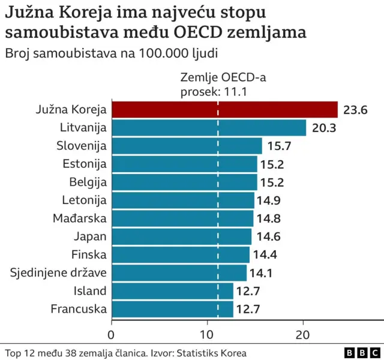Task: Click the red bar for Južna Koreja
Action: click(x=224, y=110)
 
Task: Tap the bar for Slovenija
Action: click(x=187, y=146)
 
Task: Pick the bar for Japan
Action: click(x=181, y=236)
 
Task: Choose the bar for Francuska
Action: click(x=172, y=309)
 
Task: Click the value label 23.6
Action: click(x=355, y=110)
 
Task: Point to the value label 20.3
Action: click(x=323, y=128)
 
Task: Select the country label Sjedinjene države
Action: click(x=58, y=273)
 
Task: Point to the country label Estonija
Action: click(x=85, y=164)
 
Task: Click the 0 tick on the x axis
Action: click(x=112, y=335)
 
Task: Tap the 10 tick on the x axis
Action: click(x=208, y=335)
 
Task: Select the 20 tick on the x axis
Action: click(x=304, y=335)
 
